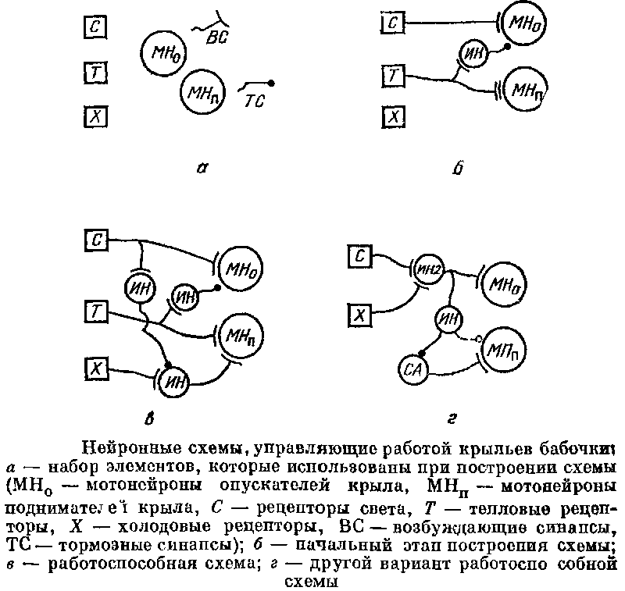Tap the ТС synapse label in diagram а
click(255, 100)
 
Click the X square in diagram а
click(95, 117)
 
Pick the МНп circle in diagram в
click(241, 335)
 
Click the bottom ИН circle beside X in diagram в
click(176, 382)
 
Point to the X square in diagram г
click(359, 315)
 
